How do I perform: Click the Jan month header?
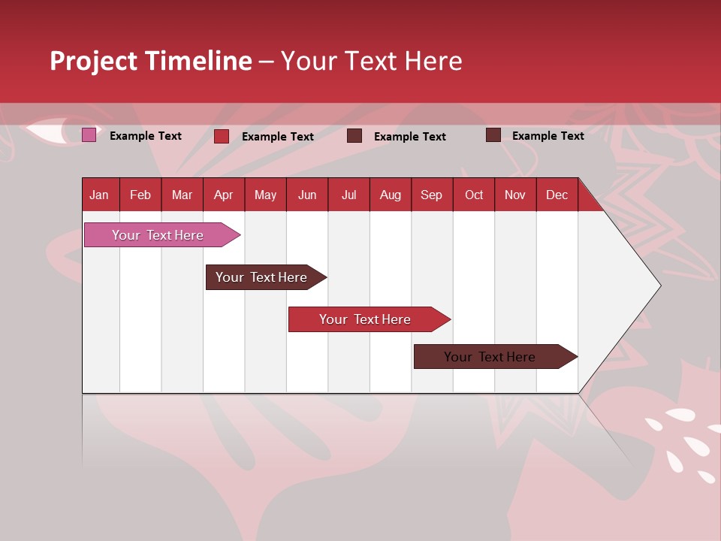tap(99, 195)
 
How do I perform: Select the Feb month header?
tap(140, 195)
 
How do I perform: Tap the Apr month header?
tap(224, 195)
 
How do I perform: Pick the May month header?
tap(265, 195)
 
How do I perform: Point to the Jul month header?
tap(348, 195)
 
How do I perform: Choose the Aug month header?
tap(391, 195)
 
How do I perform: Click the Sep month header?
tap(432, 195)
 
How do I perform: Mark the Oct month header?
tap(474, 195)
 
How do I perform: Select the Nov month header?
tap(515, 195)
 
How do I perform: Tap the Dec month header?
tap(557, 195)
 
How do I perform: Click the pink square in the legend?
tap(89, 135)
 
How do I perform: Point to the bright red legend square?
tap(222, 136)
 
